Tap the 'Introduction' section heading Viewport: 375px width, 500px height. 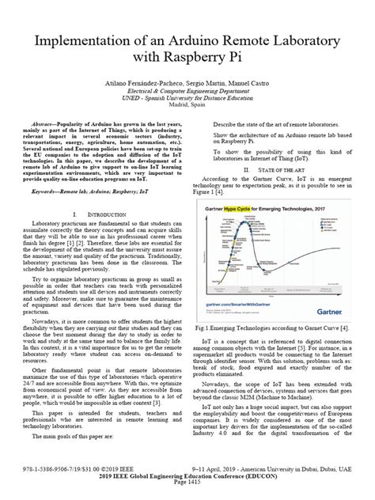pos(103,216)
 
